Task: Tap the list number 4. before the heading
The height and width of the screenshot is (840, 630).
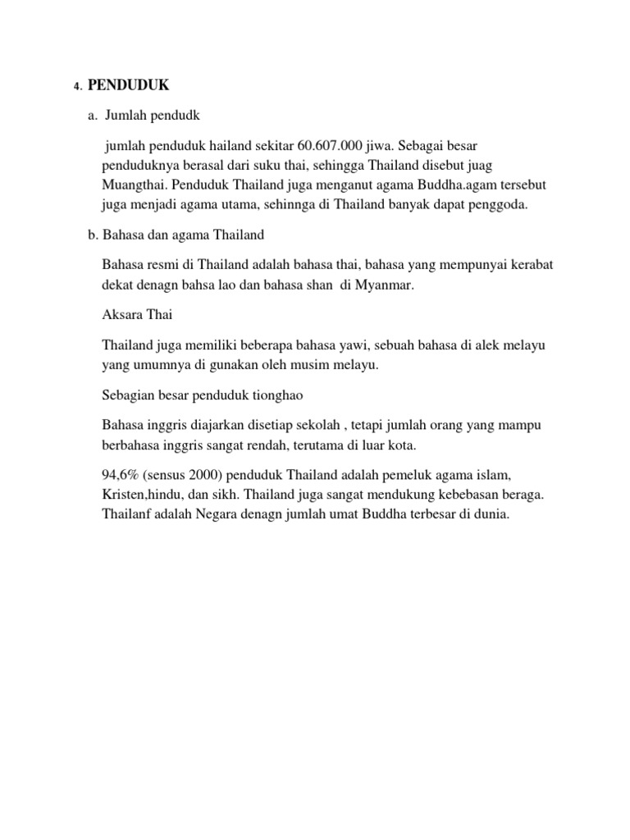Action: click(77, 85)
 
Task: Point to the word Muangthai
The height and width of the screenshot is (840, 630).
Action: click(130, 185)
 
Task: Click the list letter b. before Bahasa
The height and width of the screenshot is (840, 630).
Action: click(93, 235)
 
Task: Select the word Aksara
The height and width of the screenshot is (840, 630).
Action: click(121, 315)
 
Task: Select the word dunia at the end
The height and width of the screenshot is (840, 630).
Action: click(491, 515)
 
